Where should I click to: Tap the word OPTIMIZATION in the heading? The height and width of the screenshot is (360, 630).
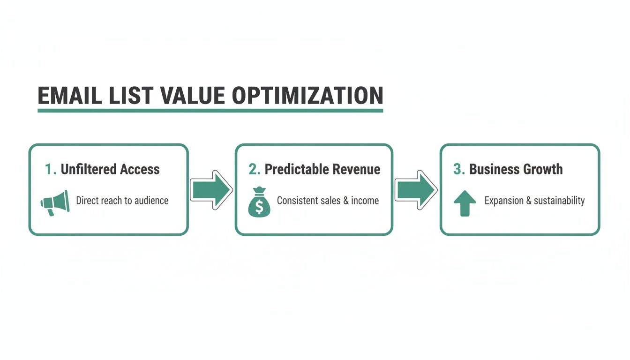pyautogui.click(x=307, y=96)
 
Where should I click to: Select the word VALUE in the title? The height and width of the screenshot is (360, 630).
pyautogui.click(x=192, y=96)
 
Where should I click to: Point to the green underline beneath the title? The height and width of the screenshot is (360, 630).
pyautogui.click(x=210, y=111)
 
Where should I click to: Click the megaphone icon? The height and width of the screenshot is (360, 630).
pyautogui.click(x=55, y=202)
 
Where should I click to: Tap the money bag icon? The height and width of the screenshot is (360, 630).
pyautogui.click(x=259, y=202)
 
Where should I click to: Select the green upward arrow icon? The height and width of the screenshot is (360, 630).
pyautogui.click(x=465, y=203)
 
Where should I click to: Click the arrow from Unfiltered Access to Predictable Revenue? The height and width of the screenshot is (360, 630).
pyautogui.click(x=211, y=189)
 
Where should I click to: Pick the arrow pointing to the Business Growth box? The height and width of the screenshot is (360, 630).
pyautogui.click(x=416, y=189)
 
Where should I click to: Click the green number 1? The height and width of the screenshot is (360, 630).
pyautogui.click(x=50, y=169)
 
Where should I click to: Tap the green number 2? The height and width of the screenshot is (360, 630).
pyautogui.click(x=254, y=169)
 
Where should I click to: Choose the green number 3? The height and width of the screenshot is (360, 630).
pyautogui.click(x=459, y=169)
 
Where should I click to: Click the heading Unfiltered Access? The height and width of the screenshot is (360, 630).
pyautogui.click(x=110, y=169)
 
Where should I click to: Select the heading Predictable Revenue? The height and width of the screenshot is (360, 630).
pyautogui.click(x=322, y=169)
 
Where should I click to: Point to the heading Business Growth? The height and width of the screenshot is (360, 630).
pyautogui.click(x=516, y=169)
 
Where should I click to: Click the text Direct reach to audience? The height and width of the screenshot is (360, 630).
pyautogui.click(x=122, y=201)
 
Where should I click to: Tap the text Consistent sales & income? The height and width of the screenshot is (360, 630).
pyautogui.click(x=328, y=201)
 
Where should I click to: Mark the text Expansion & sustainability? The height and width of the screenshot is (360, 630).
pyautogui.click(x=534, y=201)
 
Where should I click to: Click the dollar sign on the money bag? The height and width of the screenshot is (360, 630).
pyautogui.click(x=259, y=206)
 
